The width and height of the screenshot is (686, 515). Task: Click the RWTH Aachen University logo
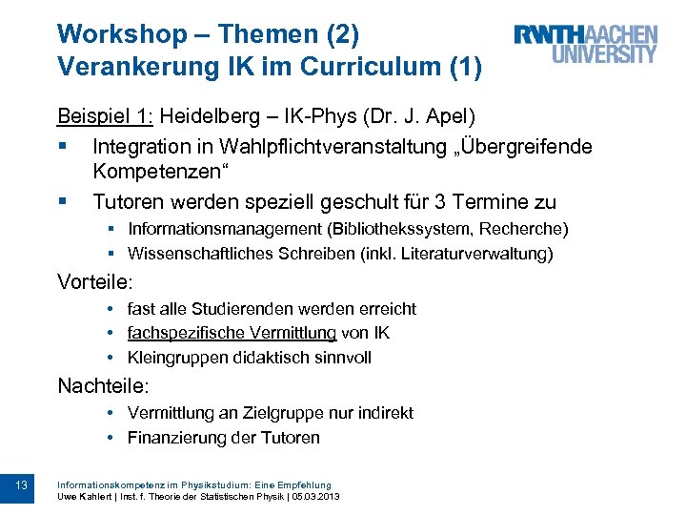(585, 43)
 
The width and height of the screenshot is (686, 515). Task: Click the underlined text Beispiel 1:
(105, 117)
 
